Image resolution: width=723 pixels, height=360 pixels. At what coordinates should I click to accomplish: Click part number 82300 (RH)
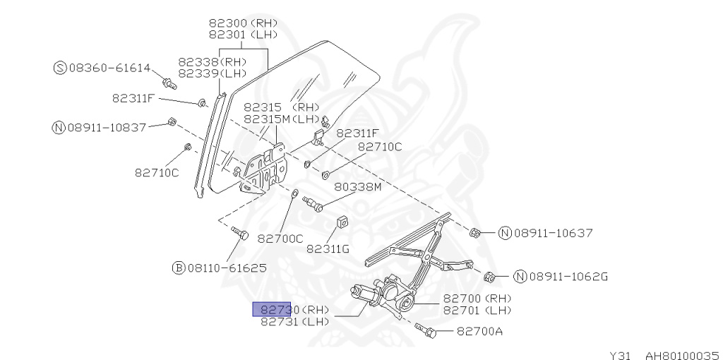click(x=243, y=22)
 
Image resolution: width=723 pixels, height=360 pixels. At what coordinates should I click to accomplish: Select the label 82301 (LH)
click(x=243, y=34)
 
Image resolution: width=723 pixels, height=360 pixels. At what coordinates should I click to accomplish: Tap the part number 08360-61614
click(x=109, y=68)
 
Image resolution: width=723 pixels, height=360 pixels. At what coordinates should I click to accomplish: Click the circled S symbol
click(x=60, y=68)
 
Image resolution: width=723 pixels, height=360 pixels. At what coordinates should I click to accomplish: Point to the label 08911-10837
click(x=106, y=128)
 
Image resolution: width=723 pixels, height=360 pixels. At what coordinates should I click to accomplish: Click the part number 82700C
click(x=280, y=239)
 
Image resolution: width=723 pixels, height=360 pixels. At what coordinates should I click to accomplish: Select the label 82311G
click(x=328, y=249)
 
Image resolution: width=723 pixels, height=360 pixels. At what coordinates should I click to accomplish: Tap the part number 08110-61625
click(x=226, y=268)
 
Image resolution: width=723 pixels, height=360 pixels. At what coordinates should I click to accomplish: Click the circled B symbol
click(x=179, y=268)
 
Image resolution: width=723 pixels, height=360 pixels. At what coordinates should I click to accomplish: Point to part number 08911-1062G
click(x=568, y=276)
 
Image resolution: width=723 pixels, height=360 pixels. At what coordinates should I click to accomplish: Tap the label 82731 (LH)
click(x=294, y=321)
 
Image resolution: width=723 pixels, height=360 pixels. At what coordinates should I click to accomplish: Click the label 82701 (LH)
click(x=477, y=310)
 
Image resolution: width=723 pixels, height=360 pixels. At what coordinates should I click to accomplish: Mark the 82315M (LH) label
click(x=281, y=119)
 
